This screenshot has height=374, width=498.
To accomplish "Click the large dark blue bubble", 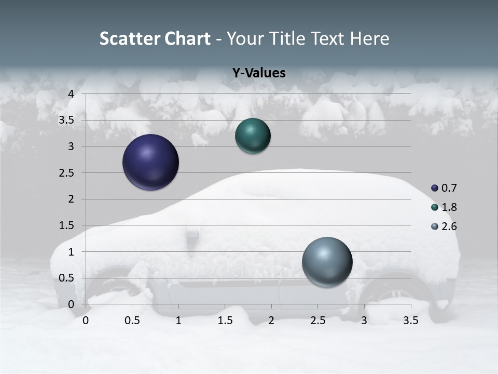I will (151, 162).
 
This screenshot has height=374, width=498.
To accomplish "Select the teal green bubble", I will (253, 136).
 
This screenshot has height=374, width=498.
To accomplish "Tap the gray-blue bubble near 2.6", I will (327, 262).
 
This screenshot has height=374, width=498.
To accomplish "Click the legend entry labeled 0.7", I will (444, 188).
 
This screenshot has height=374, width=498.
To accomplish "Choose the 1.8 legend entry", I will (444, 207).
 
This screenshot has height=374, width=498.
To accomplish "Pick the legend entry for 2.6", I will (444, 226).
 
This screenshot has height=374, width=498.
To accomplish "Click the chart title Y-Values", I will (259, 73).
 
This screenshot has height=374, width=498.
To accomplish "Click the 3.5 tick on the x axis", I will (410, 320).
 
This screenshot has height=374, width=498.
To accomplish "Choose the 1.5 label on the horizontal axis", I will (225, 320).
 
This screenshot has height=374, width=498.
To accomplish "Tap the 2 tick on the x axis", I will (271, 320).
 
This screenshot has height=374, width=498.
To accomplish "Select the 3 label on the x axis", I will (364, 320).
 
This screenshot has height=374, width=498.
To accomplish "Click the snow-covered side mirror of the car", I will (192, 235).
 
